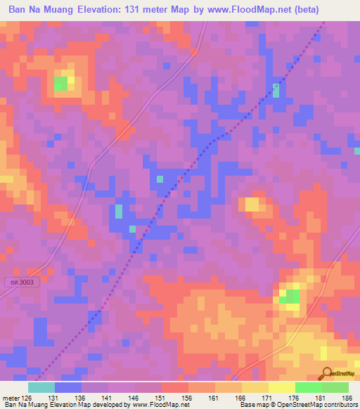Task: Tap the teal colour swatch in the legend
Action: coord(41,387)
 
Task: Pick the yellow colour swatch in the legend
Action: coord(255,387)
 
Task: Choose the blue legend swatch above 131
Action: coord(68,387)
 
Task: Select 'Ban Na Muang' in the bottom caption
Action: coord(21,405)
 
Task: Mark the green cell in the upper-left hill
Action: coord(61,84)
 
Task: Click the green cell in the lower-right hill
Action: coord(288,297)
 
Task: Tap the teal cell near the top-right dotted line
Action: coord(276,90)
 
